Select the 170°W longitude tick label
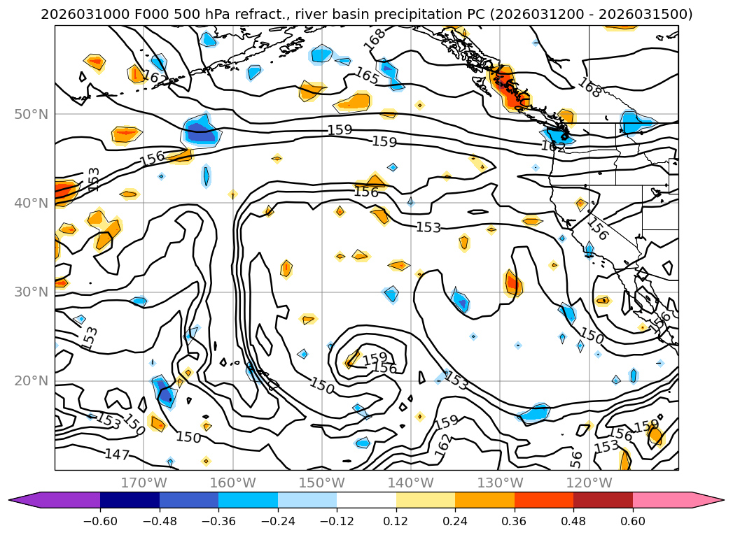click(x=144, y=483)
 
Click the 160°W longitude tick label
click(x=232, y=483)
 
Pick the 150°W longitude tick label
click(x=321, y=483)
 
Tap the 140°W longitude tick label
click(x=411, y=483)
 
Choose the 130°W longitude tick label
click(x=500, y=483)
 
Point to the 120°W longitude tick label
click(x=589, y=483)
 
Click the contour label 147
click(x=117, y=455)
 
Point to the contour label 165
click(x=367, y=76)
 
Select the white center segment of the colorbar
click(x=366, y=500)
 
